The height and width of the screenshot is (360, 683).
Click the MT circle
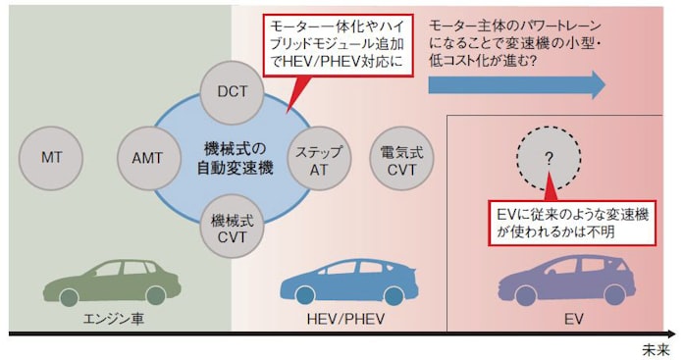point(51,157)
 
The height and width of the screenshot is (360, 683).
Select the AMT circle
point(147,157)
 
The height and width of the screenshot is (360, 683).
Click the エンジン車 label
point(110,318)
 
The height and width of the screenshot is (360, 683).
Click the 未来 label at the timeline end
point(658,347)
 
